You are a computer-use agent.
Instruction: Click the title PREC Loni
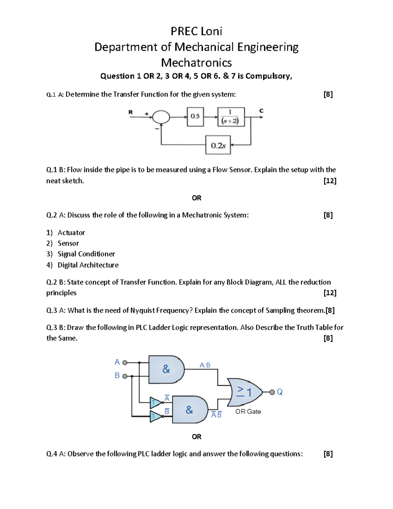point(196,31)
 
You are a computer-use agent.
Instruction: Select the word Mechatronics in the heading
point(196,63)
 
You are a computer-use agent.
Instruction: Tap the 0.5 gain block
point(195,116)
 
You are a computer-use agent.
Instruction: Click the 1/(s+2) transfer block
point(231,117)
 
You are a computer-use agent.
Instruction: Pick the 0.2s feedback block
point(218,145)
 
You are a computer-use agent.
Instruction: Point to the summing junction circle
point(161,117)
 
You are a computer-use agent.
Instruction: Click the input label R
point(131,112)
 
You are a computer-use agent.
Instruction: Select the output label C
point(261,111)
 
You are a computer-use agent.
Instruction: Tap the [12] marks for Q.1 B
point(329,181)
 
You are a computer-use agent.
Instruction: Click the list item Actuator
point(71,233)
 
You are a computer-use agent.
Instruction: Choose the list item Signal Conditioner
point(86,254)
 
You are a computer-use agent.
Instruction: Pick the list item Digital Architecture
point(88,265)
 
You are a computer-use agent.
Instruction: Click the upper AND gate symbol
point(166,369)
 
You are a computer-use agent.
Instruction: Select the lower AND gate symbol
point(189,409)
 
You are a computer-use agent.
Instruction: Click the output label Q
point(279,392)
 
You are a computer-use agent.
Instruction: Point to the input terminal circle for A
point(125,362)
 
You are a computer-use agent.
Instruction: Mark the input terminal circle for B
point(125,376)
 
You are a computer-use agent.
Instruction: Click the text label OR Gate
point(248,412)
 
